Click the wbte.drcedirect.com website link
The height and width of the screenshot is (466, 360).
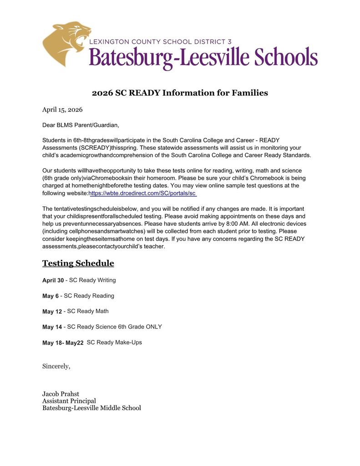coord(142,193)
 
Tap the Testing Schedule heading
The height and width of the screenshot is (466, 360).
coord(78,263)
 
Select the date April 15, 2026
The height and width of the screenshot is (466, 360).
coord(62,109)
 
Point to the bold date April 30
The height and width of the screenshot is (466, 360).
coord(53,280)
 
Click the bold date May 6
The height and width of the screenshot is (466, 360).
coord(51,296)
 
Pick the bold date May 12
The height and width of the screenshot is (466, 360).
coord(52,312)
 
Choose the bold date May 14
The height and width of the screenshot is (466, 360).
coord(52,327)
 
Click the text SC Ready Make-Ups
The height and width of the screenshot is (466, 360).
coord(114,342)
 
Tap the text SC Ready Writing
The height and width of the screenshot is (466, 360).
coord(92,280)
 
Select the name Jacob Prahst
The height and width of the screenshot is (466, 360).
coord(61,394)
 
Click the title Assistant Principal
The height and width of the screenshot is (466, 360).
coord(69,401)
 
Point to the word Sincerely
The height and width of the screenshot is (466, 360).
coord(56,366)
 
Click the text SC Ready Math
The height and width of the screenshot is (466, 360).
coord(88,311)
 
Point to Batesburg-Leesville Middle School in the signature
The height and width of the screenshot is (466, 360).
coord(91,408)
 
